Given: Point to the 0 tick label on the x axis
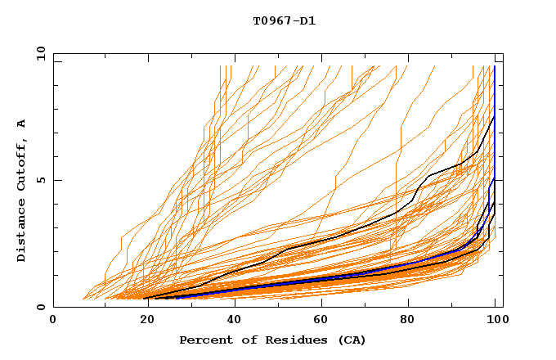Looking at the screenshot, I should pos(54,320).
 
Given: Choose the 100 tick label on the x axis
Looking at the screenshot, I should pos(495,320).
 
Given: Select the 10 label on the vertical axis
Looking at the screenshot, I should pos(40,53).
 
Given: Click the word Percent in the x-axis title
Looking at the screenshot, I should pos(204,340).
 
